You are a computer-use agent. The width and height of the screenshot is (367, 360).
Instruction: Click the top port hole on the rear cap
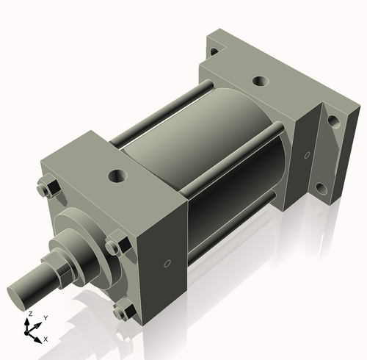click(258, 81)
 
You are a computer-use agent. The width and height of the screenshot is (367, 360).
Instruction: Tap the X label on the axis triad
click(46, 339)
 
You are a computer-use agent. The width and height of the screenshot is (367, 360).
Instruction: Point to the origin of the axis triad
click(30, 333)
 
